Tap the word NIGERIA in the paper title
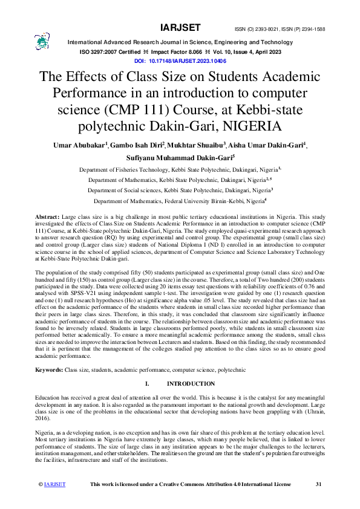click(x=248, y=127)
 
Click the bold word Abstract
click(x=47, y=216)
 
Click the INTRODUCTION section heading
click(x=190, y=384)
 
